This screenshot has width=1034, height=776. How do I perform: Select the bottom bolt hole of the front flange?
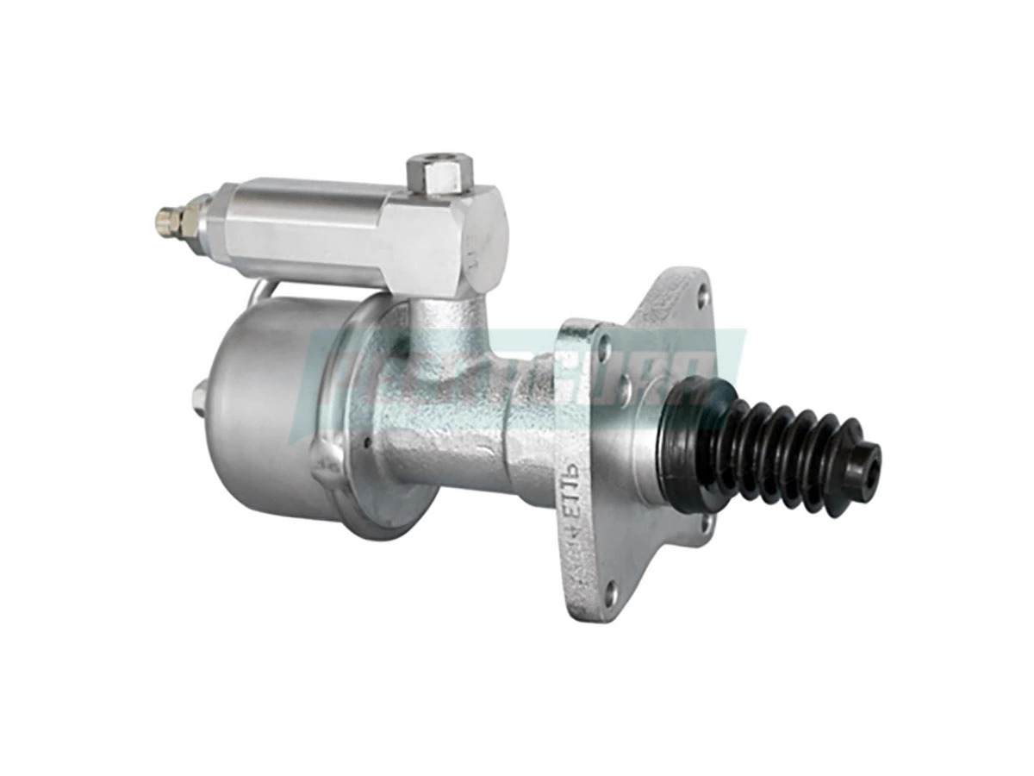click(610, 591)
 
